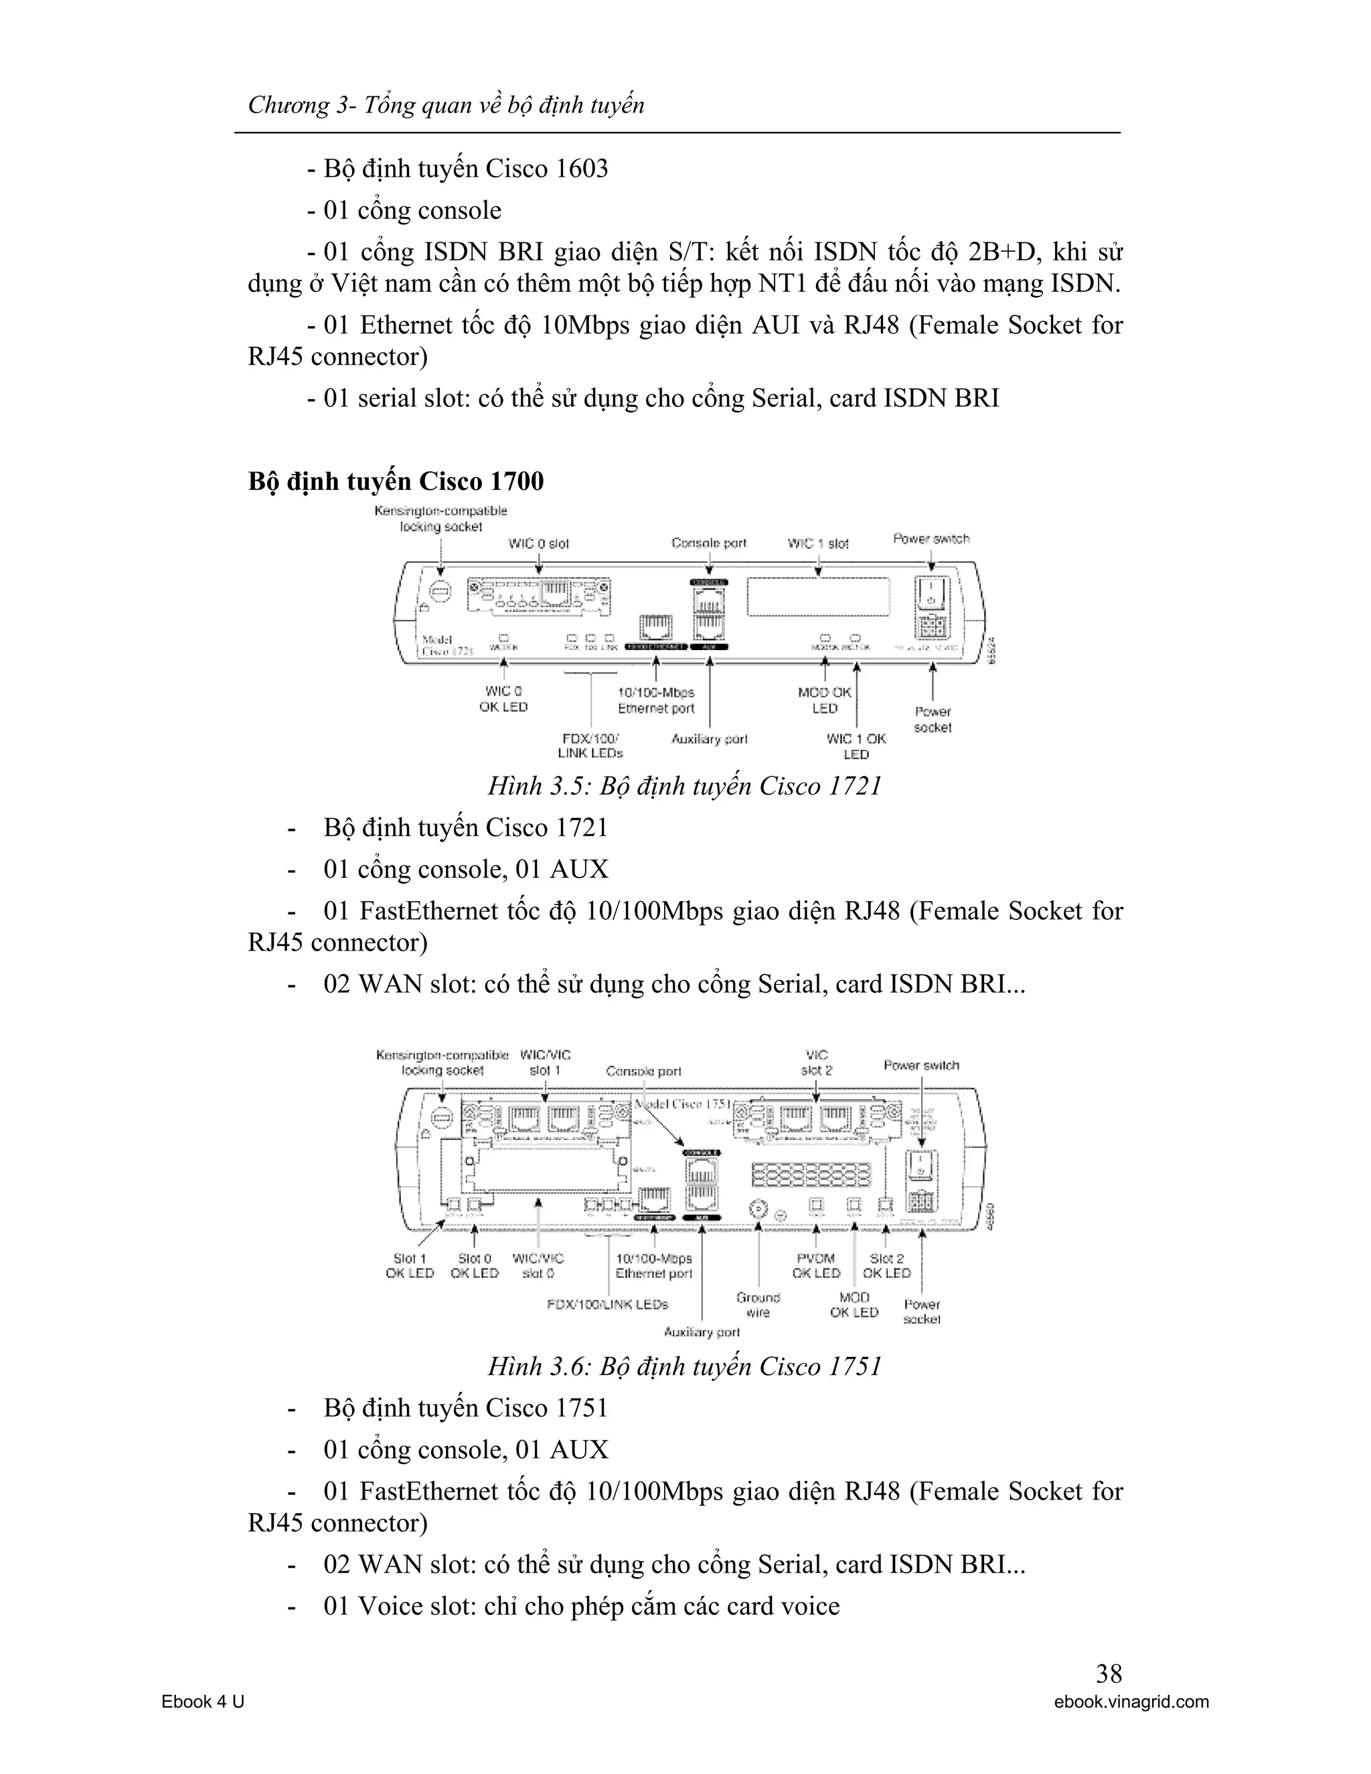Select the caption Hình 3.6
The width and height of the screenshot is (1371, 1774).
coord(685,1366)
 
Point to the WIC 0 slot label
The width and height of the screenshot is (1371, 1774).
coord(538,544)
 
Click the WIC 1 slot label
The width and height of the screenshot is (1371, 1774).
coord(818,544)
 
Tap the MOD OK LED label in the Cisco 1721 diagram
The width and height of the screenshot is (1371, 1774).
coord(824,700)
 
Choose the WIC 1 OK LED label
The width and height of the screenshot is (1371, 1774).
coord(856,746)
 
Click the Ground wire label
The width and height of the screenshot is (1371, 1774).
coord(758,1305)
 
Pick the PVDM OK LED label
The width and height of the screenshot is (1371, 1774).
coord(815,1265)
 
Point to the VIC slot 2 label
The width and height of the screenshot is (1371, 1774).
coord(816,1062)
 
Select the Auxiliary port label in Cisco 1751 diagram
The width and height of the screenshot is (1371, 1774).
coord(702,1332)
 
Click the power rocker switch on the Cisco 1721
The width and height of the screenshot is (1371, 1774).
coord(930,592)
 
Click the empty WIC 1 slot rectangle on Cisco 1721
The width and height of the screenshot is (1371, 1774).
coord(817,597)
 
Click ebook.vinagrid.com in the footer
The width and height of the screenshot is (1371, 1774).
coord(1131,1702)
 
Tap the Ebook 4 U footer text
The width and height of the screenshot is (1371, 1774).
coord(203,1702)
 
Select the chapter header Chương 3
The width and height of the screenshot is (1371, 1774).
coord(446,105)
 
